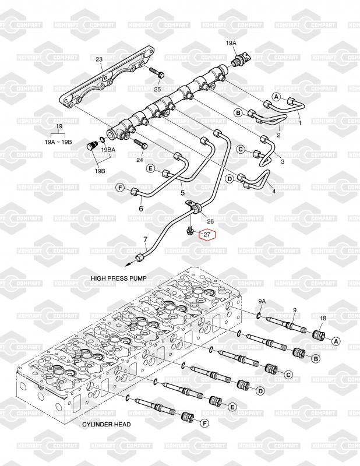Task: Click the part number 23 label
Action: click(99, 59)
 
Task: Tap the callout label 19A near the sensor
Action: click(231, 43)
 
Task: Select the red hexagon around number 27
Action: click(206, 235)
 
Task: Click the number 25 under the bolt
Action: click(157, 90)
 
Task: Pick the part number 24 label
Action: click(140, 160)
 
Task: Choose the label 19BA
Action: click(108, 150)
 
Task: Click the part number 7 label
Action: click(146, 239)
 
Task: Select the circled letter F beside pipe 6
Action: click(121, 187)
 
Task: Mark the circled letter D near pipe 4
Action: click(230, 178)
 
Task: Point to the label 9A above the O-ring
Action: click(262, 301)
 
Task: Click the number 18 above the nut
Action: click(322, 317)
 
